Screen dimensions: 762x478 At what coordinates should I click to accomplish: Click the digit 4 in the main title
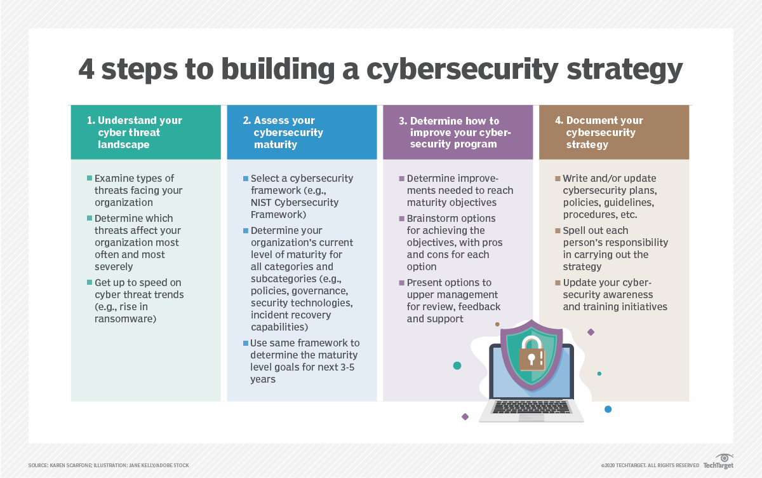point(86,69)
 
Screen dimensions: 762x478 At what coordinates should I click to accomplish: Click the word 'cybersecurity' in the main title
point(462,71)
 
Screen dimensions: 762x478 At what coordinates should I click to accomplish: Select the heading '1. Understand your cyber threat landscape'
point(135,132)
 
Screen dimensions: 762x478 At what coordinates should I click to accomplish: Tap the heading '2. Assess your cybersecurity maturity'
point(283,132)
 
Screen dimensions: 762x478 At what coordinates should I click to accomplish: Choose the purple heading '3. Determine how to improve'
point(455,132)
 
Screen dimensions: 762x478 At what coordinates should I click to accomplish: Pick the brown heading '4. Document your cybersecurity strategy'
point(599,132)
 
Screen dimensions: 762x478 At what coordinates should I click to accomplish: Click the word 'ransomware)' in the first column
point(126,319)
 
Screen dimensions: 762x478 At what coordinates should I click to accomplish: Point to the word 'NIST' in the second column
point(261,203)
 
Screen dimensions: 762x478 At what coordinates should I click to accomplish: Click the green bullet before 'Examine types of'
point(90,178)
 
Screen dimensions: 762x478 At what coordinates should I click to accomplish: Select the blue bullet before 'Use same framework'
point(246,343)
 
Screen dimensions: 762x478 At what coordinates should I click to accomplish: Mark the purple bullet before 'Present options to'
point(402,283)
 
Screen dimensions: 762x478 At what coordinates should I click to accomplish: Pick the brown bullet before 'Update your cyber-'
point(558,283)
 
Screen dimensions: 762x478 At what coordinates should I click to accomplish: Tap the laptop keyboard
point(531,407)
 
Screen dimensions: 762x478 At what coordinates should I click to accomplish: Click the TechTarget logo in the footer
point(718,461)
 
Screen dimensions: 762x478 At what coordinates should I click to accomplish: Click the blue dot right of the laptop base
point(608,409)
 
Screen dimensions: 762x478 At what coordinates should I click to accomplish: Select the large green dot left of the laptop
point(457,365)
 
